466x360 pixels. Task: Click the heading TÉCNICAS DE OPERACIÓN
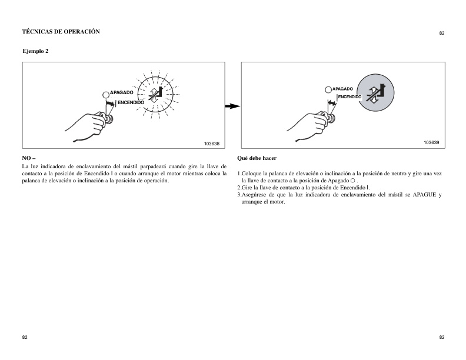[x=61, y=31]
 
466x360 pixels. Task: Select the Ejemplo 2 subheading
[x=35, y=52]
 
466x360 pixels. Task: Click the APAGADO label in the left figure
[x=122, y=93]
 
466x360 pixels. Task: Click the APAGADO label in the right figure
[x=342, y=89]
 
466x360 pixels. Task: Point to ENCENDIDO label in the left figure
[x=131, y=102]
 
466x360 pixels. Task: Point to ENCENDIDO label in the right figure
[x=349, y=96]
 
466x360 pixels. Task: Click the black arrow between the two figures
[x=233, y=106]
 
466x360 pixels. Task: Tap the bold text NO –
[x=29, y=158]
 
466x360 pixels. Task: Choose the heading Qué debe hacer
[x=256, y=158]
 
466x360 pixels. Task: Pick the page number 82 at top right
[x=441, y=34]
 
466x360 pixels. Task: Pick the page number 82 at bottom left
[x=24, y=337]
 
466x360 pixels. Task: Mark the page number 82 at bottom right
[x=441, y=337]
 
